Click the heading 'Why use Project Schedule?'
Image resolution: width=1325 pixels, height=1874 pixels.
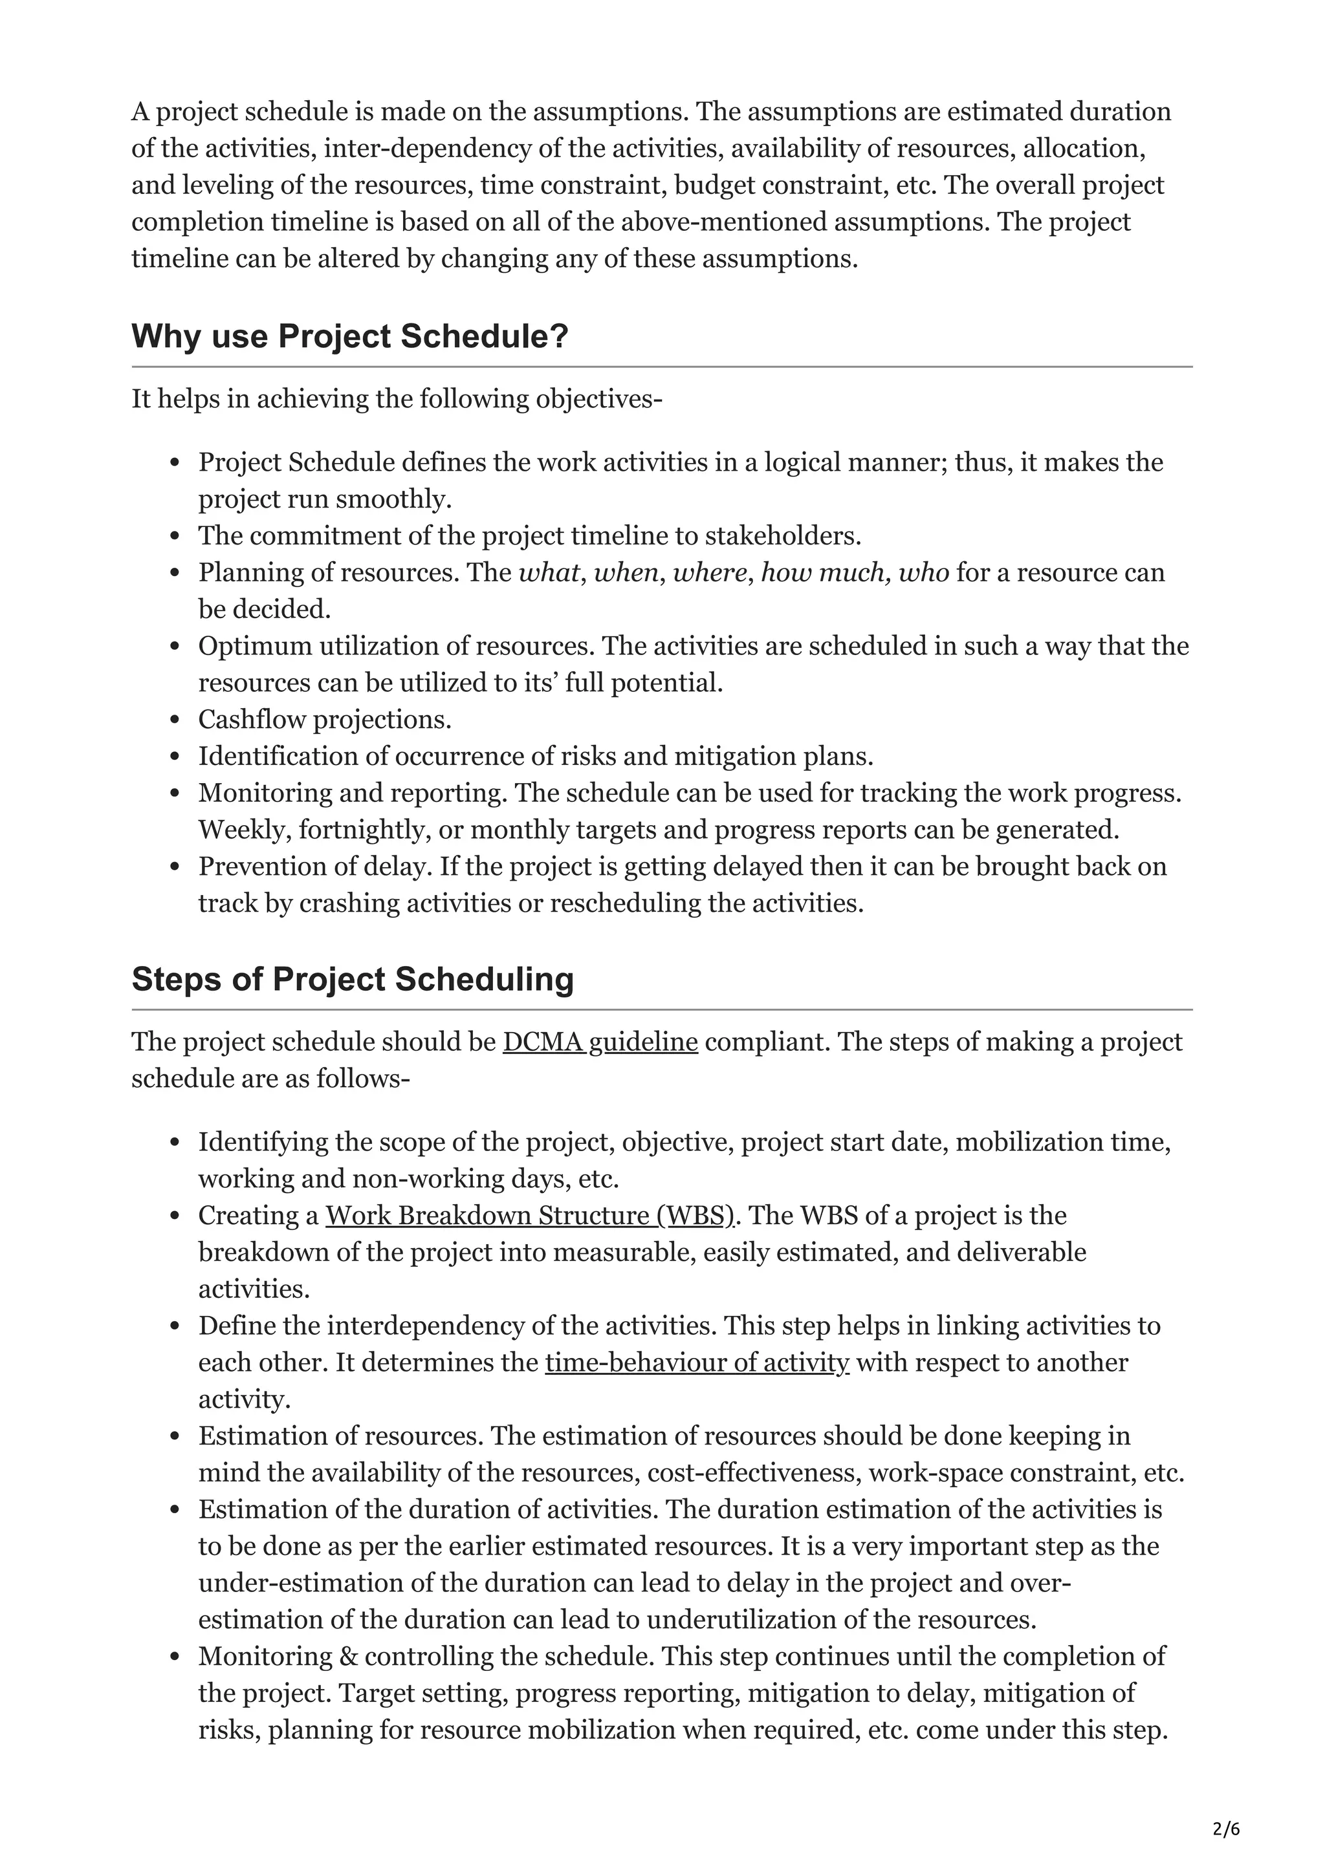pyautogui.click(x=349, y=336)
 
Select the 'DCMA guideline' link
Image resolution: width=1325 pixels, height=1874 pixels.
pyautogui.click(x=599, y=1042)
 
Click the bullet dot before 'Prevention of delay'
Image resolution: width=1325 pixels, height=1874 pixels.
pyautogui.click(x=175, y=868)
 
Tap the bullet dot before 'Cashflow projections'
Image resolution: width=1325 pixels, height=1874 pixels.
pyautogui.click(x=175, y=721)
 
